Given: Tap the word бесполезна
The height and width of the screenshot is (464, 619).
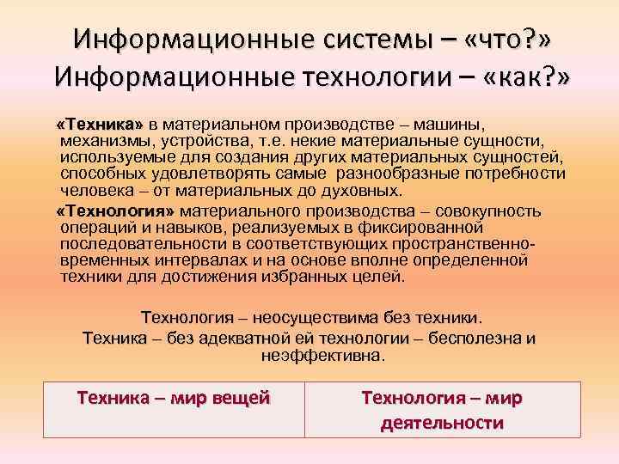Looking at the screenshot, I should tap(473, 338).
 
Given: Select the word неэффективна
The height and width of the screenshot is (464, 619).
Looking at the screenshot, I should tap(322, 353).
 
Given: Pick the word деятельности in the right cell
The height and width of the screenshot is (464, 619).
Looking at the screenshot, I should tap(441, 423).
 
